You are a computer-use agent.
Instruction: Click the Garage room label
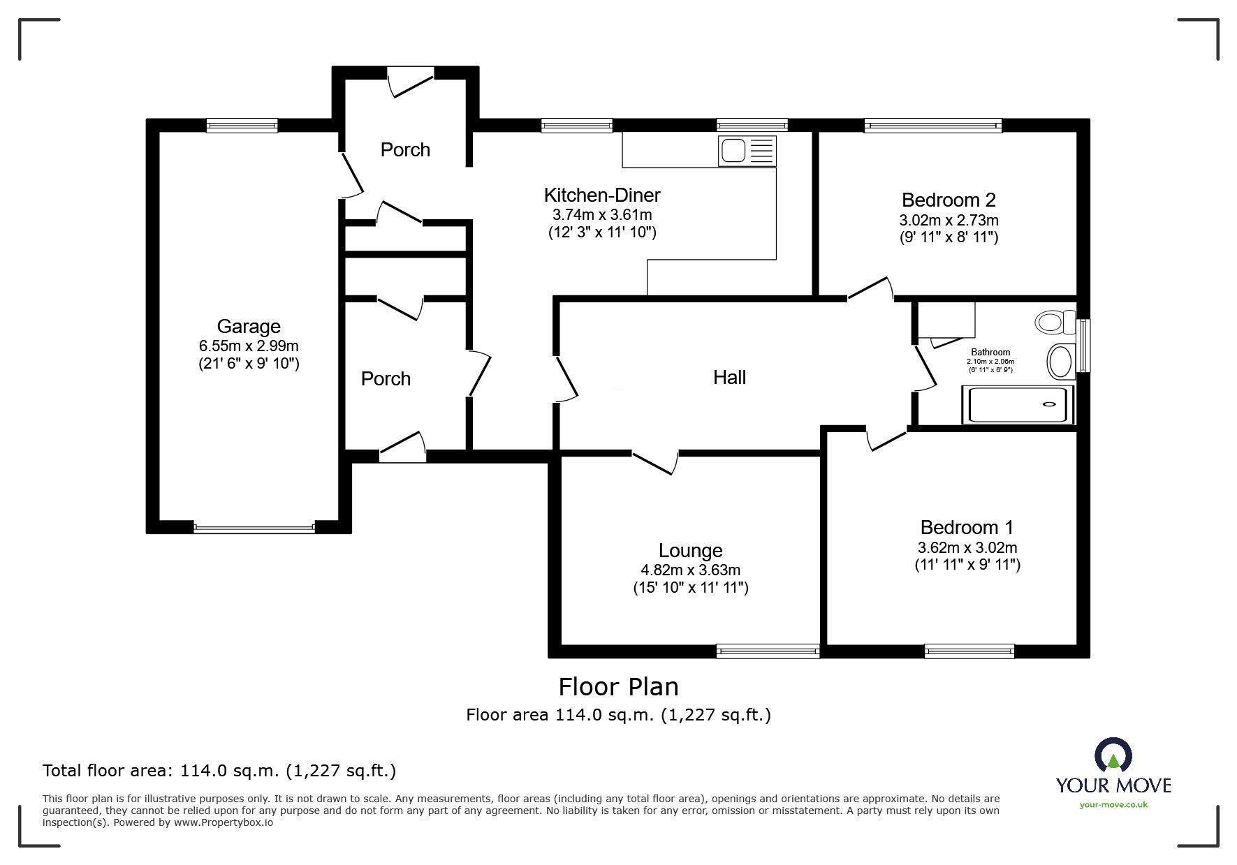pos(249,326)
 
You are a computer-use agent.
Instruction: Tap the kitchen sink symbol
pos(747,150)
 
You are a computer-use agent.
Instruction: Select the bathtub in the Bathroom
pos(1019,405)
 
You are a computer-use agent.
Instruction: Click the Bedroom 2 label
pos(949,200)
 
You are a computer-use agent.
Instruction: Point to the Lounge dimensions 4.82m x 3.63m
pos(690,570)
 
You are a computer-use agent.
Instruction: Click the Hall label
pos(730,378)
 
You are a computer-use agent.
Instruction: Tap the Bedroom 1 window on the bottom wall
pos(969,651)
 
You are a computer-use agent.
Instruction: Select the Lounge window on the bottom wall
pos(768,651)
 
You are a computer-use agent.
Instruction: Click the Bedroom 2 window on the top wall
pos(933,125)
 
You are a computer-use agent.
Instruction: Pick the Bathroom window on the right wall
pos(1083,346)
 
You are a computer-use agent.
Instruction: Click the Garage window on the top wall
pos(242,125)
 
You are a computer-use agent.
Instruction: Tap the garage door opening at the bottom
pos(254,528)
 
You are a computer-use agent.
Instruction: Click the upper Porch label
pos(405,149)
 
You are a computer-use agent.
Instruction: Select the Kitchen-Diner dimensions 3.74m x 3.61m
pos(602,215)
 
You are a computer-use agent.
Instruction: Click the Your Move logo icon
pos(1113,756)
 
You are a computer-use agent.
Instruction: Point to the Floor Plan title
pos(618,687)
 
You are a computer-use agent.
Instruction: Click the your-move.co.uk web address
pos(1113,805)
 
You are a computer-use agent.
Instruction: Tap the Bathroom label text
pos(990,353)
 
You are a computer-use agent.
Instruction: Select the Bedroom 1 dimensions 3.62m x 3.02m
pos(967,547)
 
